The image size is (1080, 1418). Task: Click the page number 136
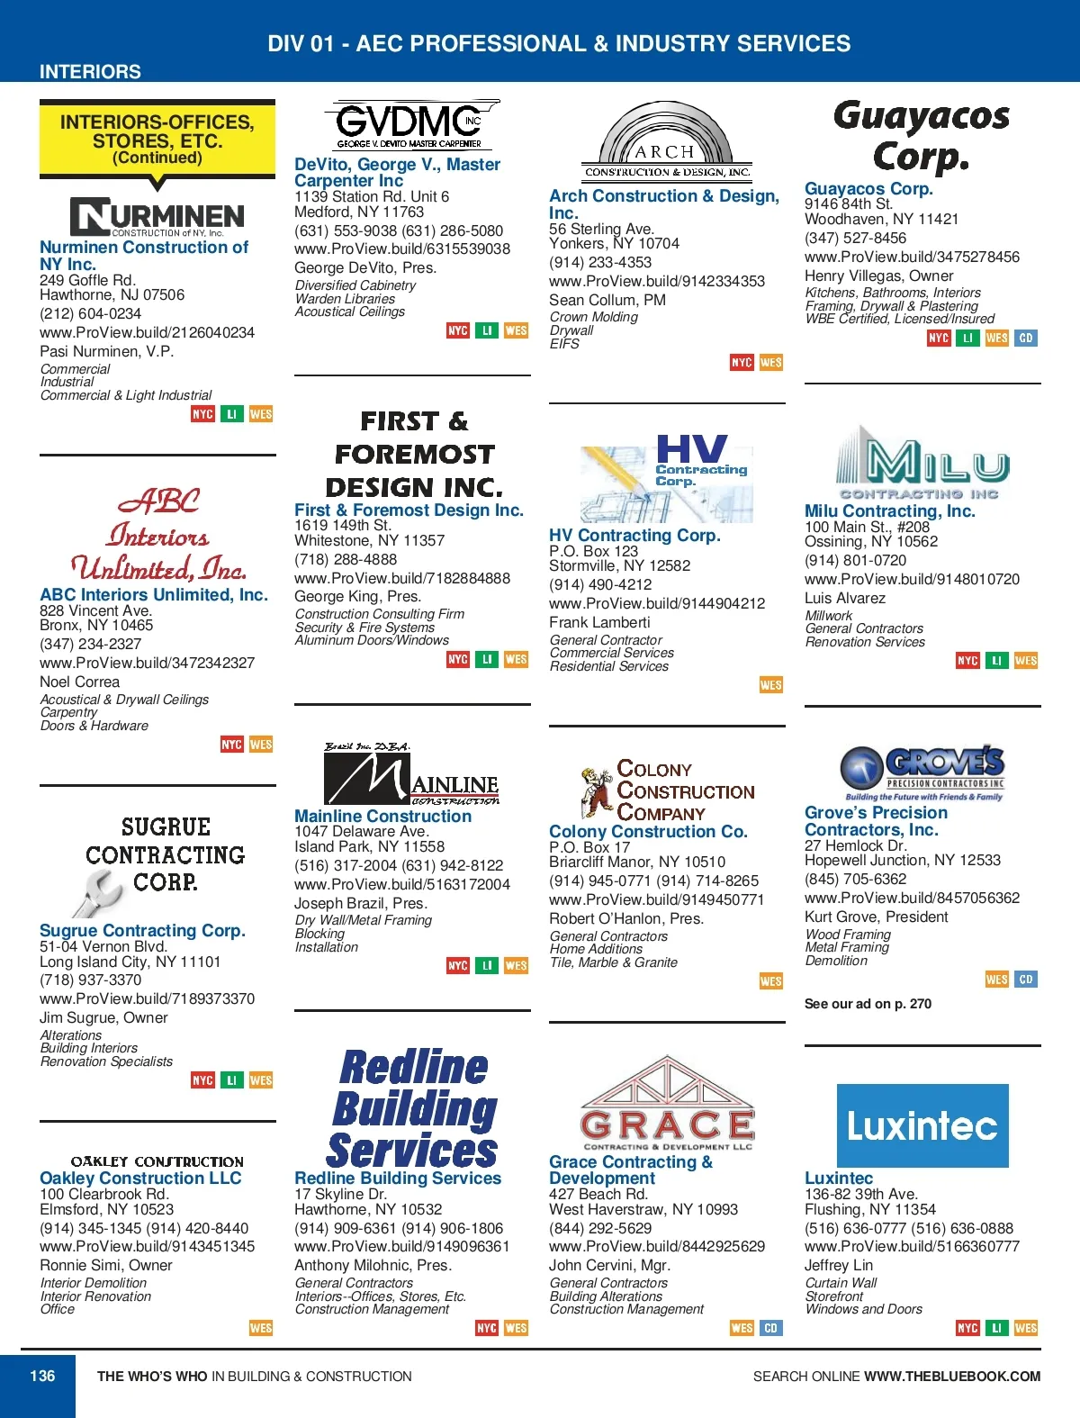[x=42, y=1376]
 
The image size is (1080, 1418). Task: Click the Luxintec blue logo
[x=922, y=1125]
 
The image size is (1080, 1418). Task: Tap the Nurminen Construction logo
[x=157, y=216]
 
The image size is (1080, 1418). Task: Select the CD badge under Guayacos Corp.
[x=1025, y=338]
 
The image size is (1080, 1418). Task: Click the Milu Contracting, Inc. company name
[x=889, y=511]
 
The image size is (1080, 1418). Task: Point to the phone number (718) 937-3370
[x=90, y=980]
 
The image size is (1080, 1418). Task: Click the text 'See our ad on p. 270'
[x=868, y=1004]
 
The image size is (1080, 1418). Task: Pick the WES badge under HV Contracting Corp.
[x=771, y=685]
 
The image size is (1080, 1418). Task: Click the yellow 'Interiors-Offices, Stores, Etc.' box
[x=157, y=139]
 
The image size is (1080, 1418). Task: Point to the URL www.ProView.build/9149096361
[x=401, y=1247]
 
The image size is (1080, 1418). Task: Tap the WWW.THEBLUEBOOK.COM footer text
[x=951, y=1376]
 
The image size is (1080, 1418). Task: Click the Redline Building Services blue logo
[x=413, y=1109]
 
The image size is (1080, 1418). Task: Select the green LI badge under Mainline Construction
[x=487, y=966]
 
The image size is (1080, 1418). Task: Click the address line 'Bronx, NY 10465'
[x=96, y=625]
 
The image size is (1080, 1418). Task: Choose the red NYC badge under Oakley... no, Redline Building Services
[x=487, y=1328]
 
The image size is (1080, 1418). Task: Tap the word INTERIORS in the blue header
[x=90, y=71]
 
